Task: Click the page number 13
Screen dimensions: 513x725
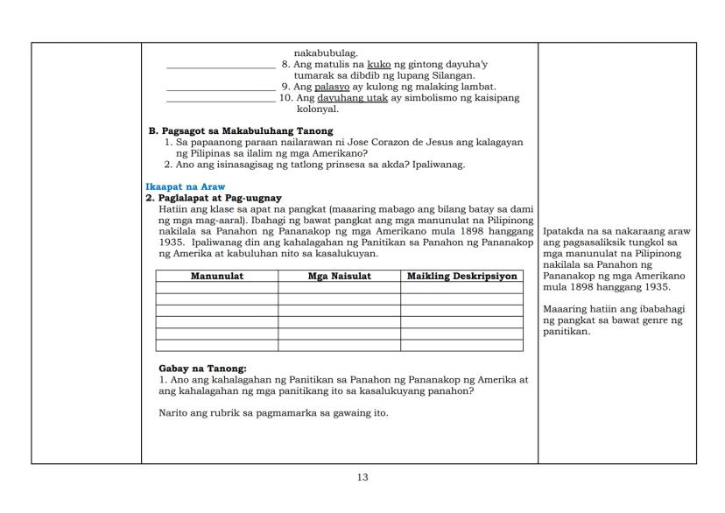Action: pos(362,477)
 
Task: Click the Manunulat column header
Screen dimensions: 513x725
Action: pos(217,277)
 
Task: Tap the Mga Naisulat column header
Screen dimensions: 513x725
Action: pos(340,277)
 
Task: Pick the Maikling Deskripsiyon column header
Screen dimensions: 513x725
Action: pos(461,277)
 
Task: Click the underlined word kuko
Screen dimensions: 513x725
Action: pos(379,65)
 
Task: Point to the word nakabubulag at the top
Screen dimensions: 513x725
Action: pos(326,53)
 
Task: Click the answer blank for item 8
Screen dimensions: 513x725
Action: pos(221,67)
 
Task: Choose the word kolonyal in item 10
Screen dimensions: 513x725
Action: pos(318,109)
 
